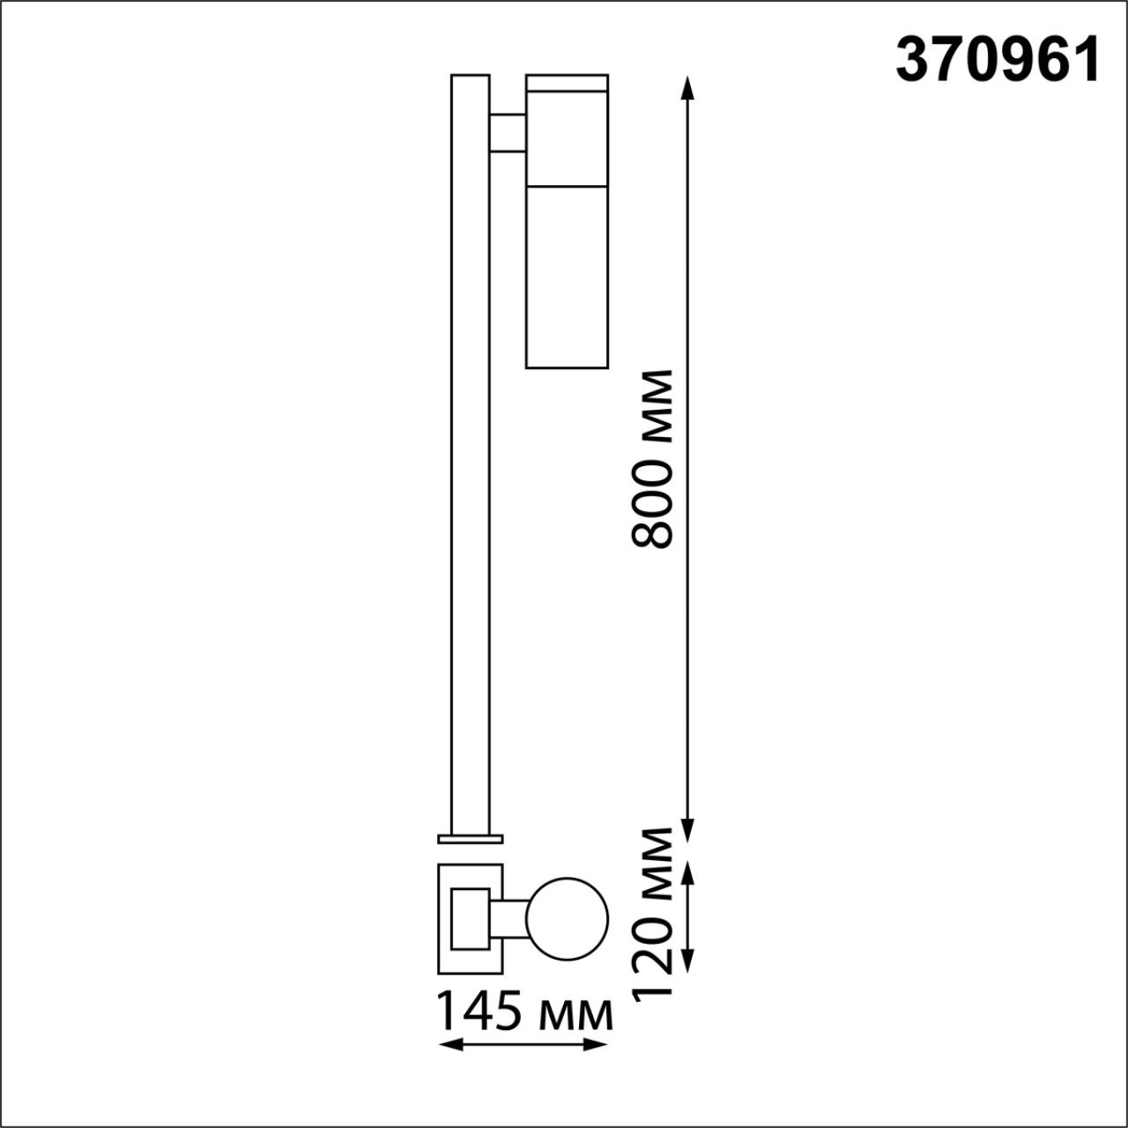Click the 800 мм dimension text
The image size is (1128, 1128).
tap(654, 458)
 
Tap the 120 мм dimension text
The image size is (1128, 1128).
tap(654, 913)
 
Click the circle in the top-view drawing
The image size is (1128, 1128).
tap(567, 919)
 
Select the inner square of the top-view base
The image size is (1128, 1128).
tap(470, 918)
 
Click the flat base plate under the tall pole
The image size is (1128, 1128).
tap(470, 838)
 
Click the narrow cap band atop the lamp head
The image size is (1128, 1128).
tap(567, 83)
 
